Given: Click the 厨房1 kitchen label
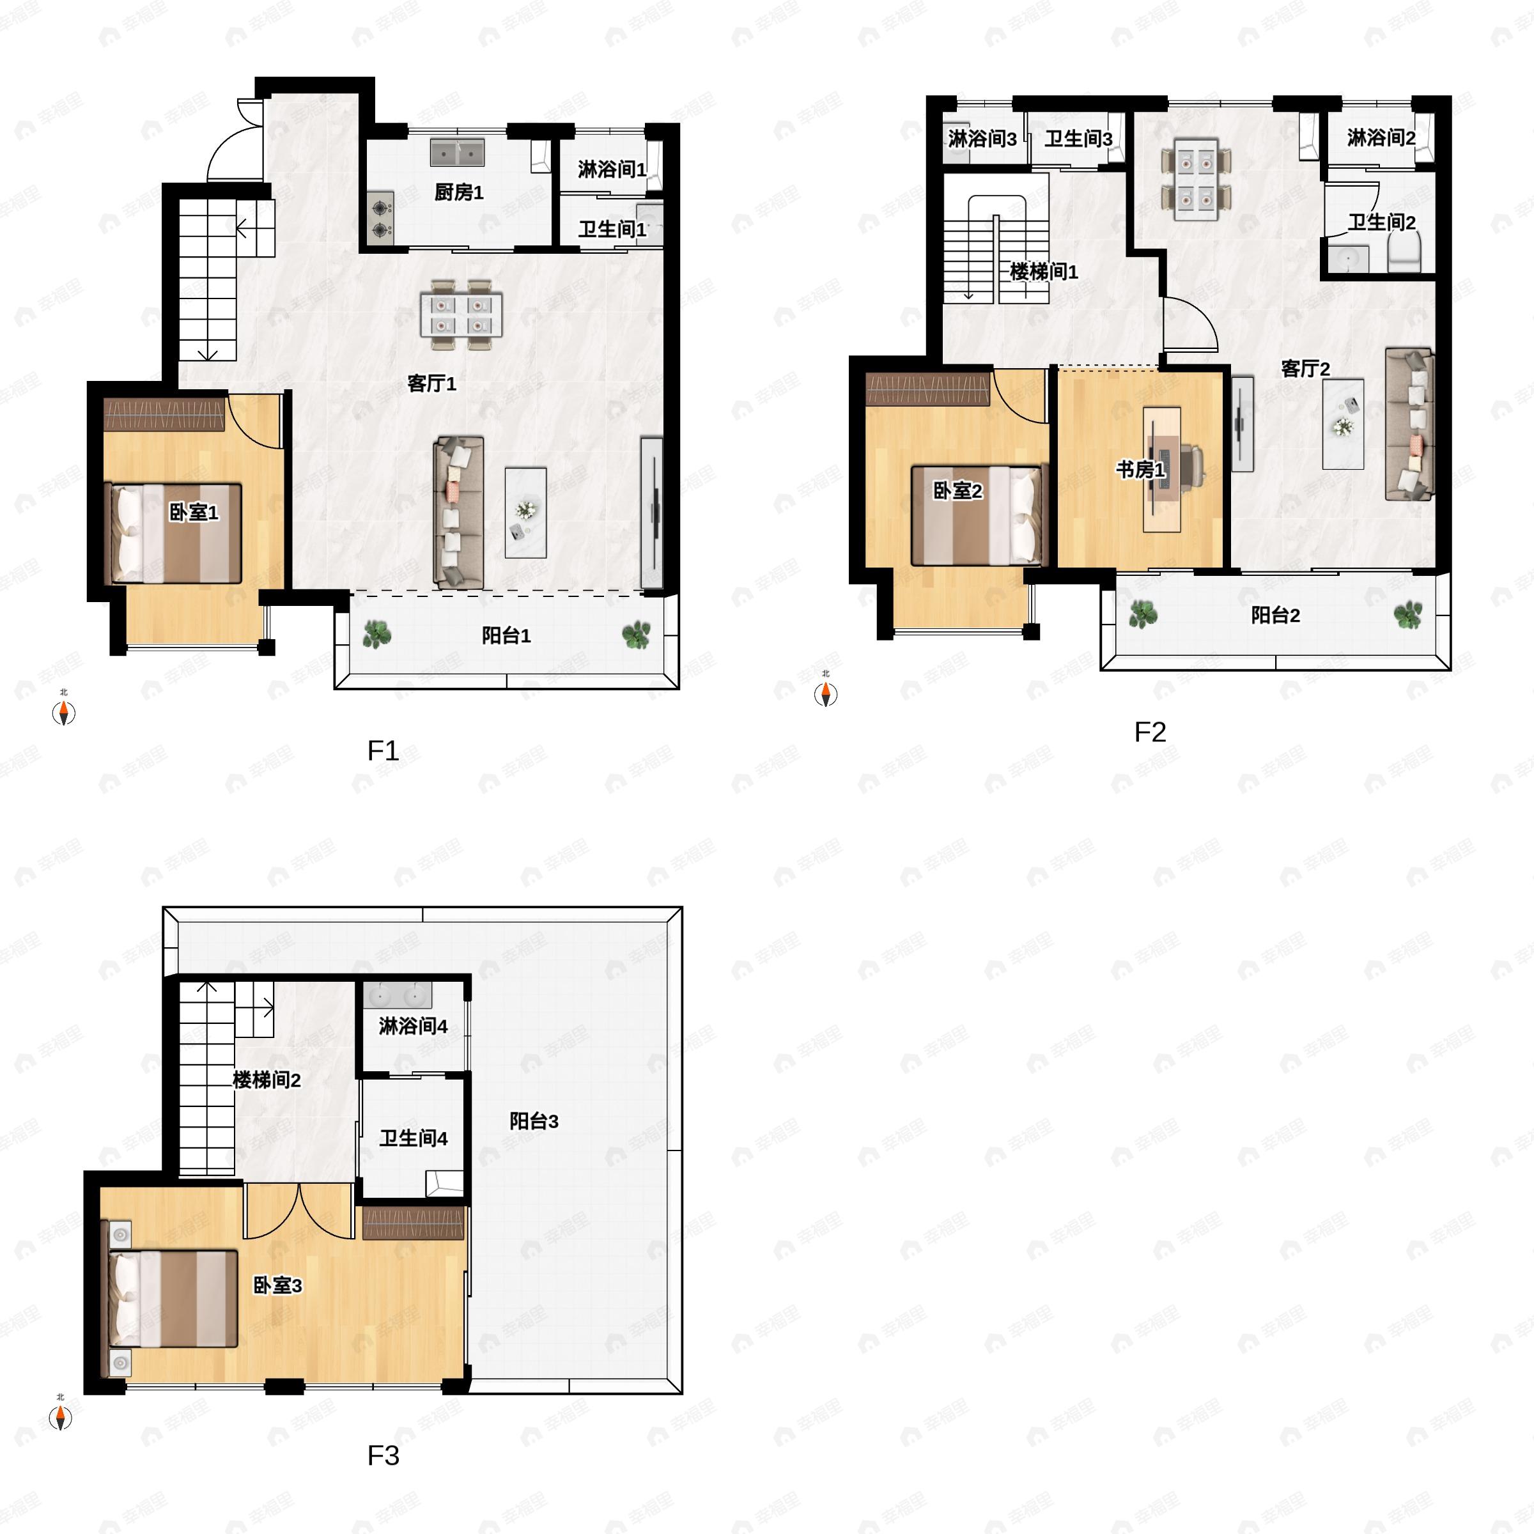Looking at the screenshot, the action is pos(458,192).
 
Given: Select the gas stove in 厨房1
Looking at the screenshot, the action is pos(380,219).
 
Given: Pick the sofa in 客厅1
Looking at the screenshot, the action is pos(458,512).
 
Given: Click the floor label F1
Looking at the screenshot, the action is pos(383,750).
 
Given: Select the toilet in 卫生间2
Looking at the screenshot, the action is pos(1404,255).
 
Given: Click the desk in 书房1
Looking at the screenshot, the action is pos(1161,469).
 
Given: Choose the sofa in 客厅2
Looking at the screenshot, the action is pos(1409,424).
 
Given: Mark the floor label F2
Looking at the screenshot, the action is pos(1150,731).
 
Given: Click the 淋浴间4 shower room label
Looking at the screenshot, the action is pos(413,1026).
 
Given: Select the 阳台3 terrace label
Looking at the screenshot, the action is pos(534,1120).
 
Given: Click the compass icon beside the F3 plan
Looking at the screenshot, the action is pos(60,1417).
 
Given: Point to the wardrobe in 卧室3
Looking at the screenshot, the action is pos(413,1223).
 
